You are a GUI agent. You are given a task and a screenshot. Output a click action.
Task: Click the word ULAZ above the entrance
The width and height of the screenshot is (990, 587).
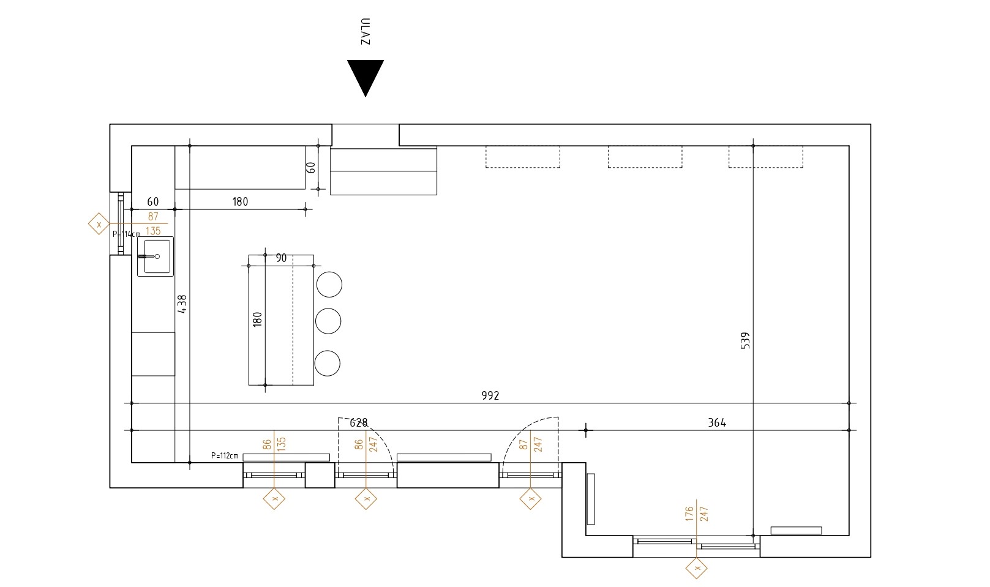point(365,31)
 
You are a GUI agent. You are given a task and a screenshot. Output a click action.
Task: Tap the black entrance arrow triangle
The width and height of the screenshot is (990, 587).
point(366,75)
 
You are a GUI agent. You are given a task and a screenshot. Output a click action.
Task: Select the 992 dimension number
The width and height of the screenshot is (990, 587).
point(490,395)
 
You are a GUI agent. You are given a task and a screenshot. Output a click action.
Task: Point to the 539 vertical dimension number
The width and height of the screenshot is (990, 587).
point(745,341)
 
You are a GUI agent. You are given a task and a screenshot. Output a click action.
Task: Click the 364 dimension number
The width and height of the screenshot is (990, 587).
point(717,423)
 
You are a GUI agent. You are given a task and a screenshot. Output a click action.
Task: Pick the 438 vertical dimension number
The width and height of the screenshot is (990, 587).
point(182,304)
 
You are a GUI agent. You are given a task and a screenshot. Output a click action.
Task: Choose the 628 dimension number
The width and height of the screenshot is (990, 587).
point(358,423)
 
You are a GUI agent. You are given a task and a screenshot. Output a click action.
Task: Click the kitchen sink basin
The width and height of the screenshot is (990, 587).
point(156,256)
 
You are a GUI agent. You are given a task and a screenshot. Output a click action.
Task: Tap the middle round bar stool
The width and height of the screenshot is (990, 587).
point(328,321)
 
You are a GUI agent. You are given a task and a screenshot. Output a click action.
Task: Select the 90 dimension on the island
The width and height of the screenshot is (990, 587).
point(281,258)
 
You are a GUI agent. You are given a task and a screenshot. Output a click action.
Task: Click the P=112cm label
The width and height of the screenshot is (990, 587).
point(225,456)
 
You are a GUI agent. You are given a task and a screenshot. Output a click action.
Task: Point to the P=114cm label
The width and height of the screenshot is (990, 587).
point(126,234)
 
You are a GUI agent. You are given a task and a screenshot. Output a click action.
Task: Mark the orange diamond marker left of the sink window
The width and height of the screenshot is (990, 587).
point(99,223)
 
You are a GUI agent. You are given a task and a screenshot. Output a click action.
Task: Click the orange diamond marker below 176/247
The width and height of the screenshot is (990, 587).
point(697,568)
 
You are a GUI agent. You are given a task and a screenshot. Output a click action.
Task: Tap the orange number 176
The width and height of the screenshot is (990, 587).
point(689,514)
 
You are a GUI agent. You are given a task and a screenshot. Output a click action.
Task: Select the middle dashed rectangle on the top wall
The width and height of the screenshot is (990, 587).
point(645,157)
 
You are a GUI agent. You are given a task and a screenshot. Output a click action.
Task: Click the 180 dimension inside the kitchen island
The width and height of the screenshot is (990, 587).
point(257,320)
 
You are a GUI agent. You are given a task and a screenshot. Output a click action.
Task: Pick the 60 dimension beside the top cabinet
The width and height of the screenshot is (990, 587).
point(310,168)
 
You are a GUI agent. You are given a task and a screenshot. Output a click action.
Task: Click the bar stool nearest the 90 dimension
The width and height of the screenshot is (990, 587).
point(329,284)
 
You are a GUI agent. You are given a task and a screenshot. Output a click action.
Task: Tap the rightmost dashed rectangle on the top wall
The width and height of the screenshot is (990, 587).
point(766,157)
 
